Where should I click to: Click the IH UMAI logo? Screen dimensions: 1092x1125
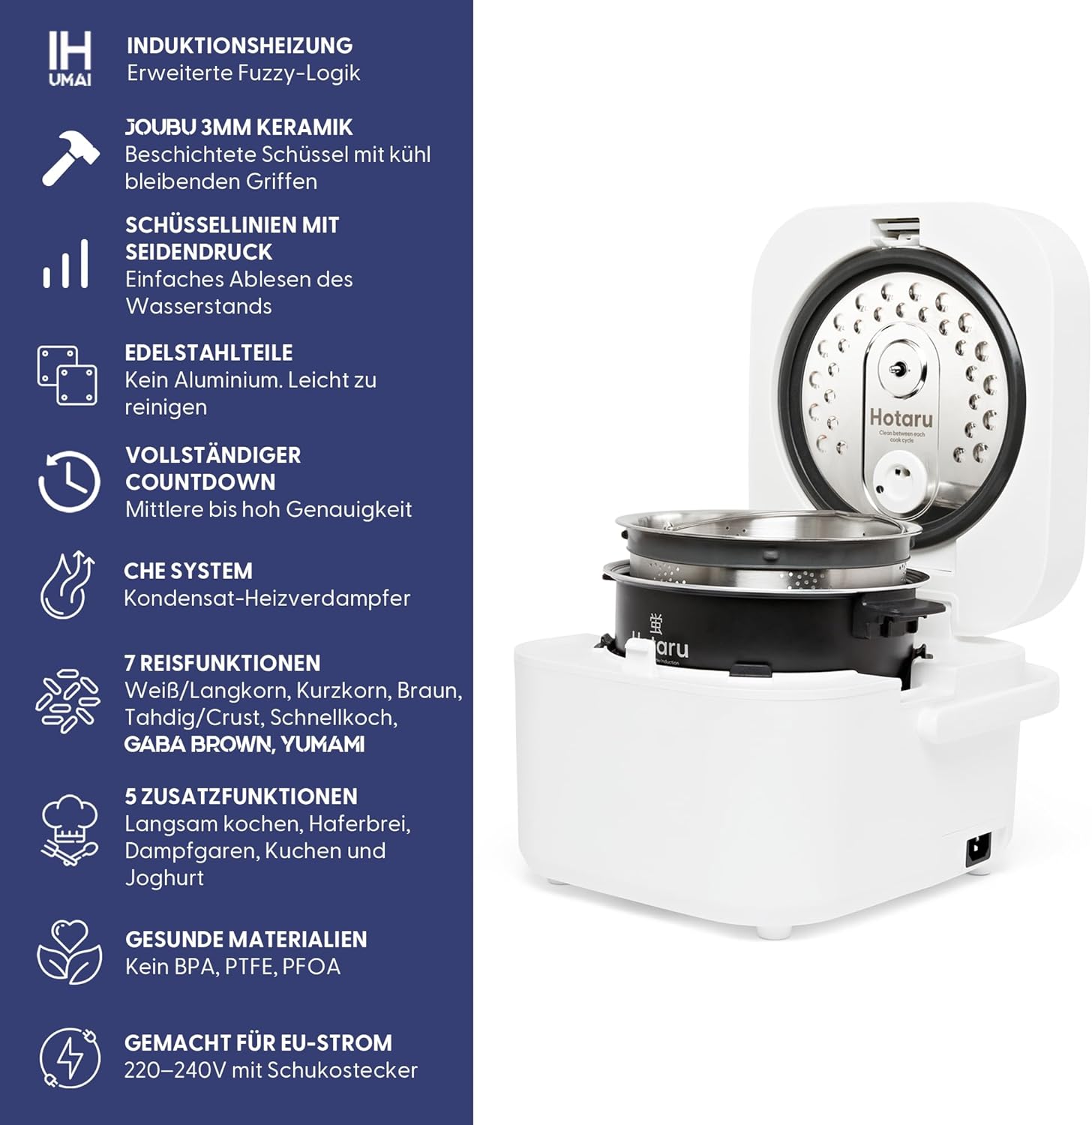(x=70, y=58)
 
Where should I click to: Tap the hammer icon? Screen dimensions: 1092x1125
(x=70, y=156)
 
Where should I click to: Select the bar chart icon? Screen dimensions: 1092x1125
(x=66, y=264)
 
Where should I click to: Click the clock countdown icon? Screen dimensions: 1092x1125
(x=68, y=481)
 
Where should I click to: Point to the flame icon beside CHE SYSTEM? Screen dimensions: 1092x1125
(x=68, y=585)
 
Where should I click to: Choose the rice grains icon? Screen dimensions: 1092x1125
(x=67, y=701)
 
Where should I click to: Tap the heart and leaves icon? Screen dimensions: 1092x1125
(x=69, y=952)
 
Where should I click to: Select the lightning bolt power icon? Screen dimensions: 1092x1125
(x=69, y=1057)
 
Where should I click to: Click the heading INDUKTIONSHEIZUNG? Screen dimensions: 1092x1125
(x=239, y=46)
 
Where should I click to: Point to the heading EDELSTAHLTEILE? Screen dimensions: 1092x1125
(x=208, y=352)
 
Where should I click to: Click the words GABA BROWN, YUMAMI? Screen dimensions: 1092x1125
(x=244, y=744)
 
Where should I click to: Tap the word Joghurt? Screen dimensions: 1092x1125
(x=164, y=878)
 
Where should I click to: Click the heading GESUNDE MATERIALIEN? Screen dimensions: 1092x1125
(x=246, y=939)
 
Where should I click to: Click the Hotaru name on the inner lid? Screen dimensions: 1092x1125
(x=901, y=417)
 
